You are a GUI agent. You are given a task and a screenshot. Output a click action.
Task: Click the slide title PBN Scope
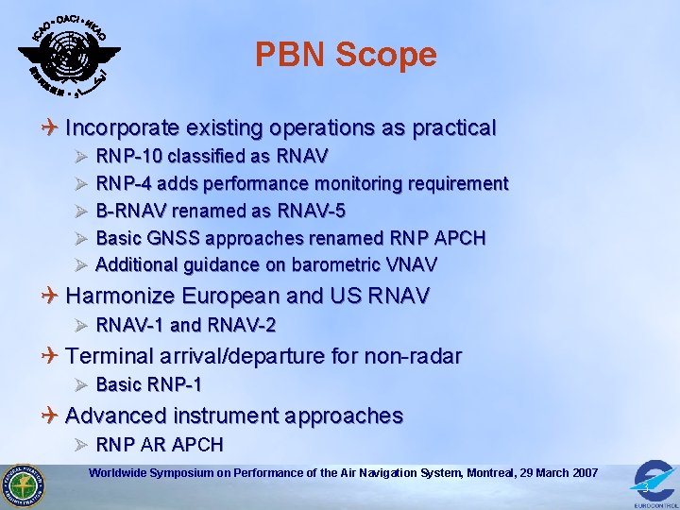point(346,55)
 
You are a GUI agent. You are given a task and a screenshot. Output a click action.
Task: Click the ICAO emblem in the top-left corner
point(68,55)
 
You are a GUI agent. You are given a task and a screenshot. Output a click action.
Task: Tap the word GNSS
point(169,238)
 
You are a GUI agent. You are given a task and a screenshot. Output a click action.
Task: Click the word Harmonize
point(120,297)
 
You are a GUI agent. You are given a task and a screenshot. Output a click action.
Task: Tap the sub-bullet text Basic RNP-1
point(148,385)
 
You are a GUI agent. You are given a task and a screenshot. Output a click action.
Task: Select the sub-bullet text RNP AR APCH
point(160,445)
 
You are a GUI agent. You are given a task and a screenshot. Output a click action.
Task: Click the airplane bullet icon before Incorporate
point(50,127)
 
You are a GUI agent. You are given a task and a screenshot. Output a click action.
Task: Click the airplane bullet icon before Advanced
point(50,416)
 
